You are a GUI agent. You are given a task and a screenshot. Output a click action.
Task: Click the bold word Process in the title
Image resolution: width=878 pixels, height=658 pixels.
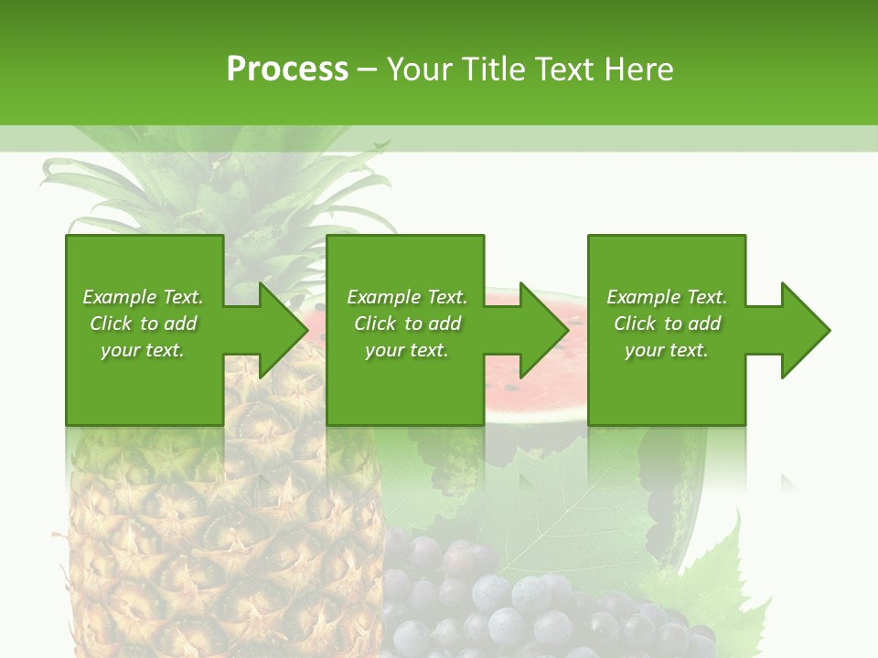(x=287, y=69)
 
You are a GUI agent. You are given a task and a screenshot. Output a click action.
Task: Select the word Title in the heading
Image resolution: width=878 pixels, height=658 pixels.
(x=494, y=69)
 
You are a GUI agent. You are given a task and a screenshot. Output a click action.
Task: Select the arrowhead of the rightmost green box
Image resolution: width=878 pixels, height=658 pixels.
(x=804, y=330)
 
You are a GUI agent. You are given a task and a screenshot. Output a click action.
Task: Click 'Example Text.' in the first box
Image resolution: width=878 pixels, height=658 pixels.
(x=143, y=297)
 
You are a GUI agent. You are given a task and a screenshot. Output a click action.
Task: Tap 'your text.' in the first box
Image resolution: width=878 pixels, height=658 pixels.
(x=143, y=350)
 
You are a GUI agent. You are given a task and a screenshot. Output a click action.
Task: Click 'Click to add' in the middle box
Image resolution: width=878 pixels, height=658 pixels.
(x=407, y=324)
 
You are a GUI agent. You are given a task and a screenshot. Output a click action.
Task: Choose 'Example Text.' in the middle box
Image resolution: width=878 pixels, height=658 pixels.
(x=407, y=297)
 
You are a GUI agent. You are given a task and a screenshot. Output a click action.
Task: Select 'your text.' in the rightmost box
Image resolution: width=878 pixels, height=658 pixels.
(x=667, y=350)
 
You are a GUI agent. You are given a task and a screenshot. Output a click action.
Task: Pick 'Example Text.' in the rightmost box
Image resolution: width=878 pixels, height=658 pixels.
(x=667, y=297)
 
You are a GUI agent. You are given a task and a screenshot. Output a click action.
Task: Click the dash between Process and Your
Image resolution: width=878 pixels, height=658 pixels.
(x=367, y=69)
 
